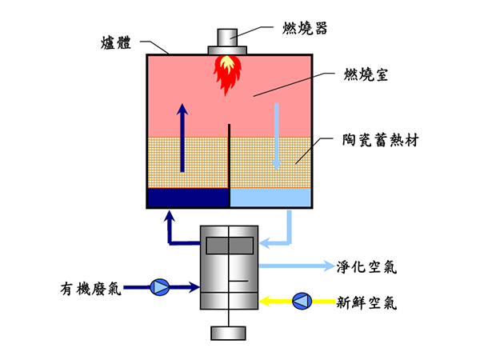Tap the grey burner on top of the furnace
(x=229, y=41)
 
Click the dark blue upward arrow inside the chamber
(x=183, y=136)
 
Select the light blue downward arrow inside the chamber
(x=277, y=136)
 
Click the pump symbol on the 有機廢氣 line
(x=160, y=286)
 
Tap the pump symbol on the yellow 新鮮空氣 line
(x=302, y=300)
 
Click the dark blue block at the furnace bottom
(x=188, y=198)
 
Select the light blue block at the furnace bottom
(x=270, y=198)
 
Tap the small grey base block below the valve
(x=228, y=333)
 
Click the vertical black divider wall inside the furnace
(x=229, y=156)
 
